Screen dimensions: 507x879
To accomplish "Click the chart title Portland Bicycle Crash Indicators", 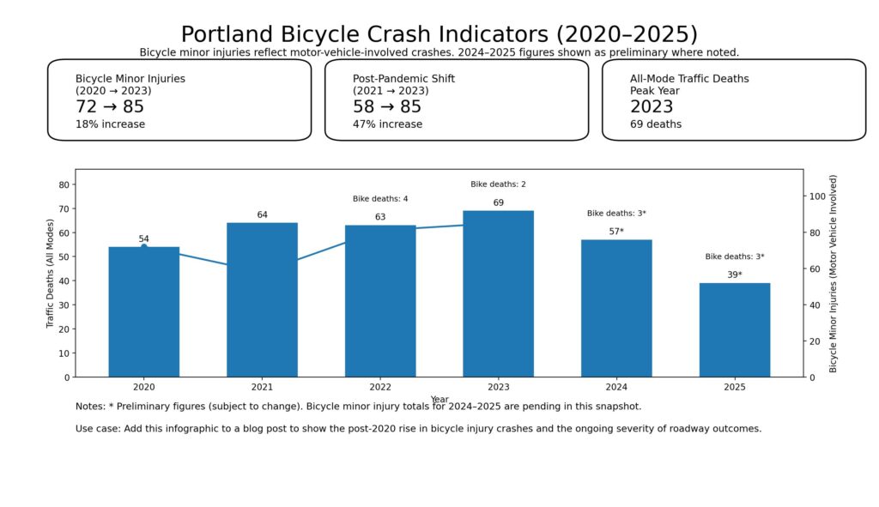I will (x=439, y=33).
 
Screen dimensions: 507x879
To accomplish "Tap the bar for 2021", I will (x=262, y=299).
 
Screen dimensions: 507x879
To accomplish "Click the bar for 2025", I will (x=734, y=329).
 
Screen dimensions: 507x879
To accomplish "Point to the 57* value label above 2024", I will (x=616, y=232).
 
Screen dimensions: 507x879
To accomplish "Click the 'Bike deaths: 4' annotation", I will (x=380, y=199).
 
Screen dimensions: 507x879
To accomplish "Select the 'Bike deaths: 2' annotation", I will (x=498, y=184).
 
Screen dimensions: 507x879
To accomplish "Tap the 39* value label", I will (x=734, y=275).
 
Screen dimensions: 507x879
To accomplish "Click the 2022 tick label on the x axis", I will (x=380, y=388).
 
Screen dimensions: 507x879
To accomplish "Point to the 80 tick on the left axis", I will (x=64, y=184).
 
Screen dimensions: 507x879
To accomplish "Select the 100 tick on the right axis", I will (x=818, y=196).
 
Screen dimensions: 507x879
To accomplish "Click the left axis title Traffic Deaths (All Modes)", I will (x=50, y=273).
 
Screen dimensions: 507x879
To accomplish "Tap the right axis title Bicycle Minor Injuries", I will (x=833, y=273).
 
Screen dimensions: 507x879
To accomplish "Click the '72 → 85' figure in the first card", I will (x=110, y=106).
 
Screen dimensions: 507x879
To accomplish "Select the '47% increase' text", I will (x=387, y=124).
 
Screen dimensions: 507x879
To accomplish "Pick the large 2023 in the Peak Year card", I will (x=652, y=106).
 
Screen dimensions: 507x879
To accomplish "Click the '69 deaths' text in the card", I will (x=656, y=124).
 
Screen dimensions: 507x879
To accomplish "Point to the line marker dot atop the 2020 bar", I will (x=143, y=247).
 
